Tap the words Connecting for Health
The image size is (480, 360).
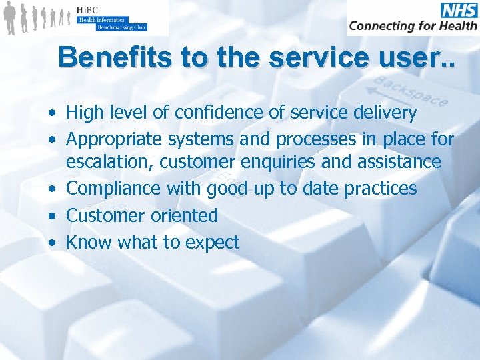tap(413, 26)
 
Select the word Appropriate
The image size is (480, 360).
tap(115, 139)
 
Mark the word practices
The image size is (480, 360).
tap(380, 189)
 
